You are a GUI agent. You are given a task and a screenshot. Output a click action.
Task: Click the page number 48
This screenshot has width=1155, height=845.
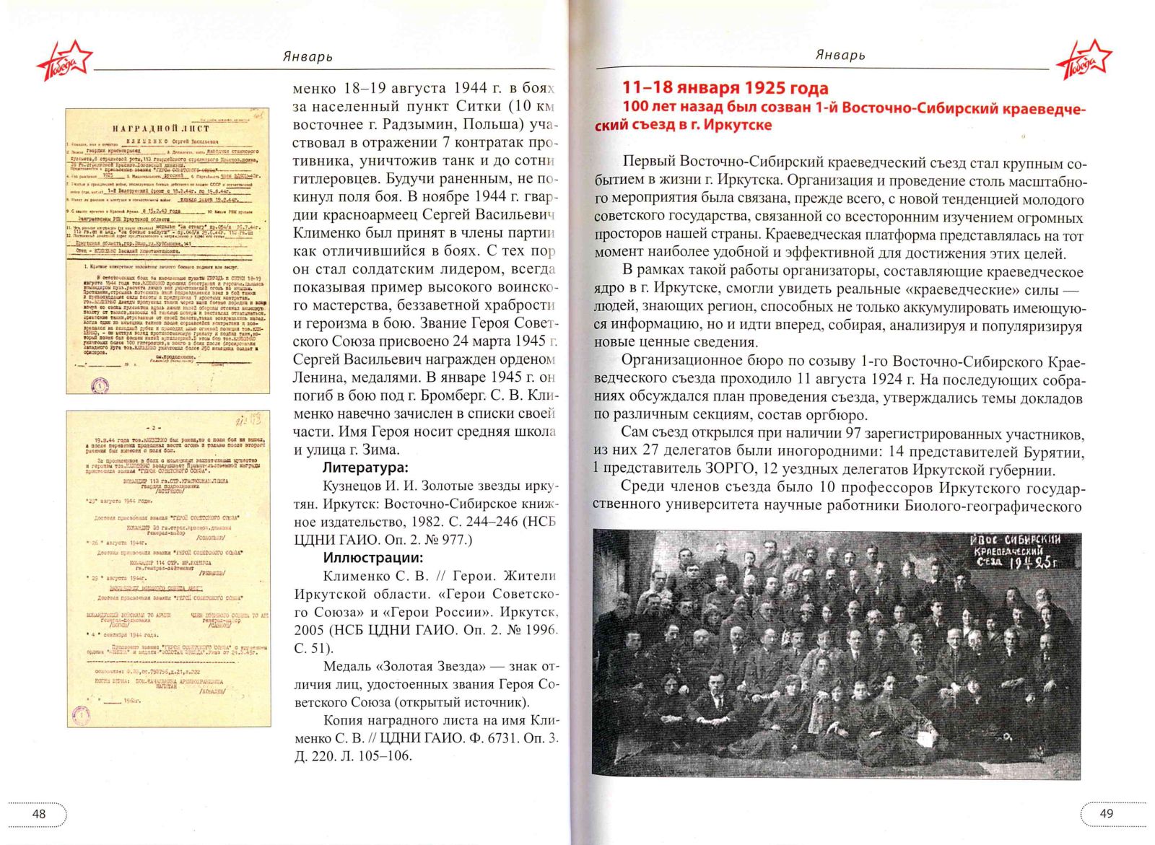(39, 813)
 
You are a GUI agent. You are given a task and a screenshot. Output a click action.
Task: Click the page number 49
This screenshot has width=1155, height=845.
(1106, 813)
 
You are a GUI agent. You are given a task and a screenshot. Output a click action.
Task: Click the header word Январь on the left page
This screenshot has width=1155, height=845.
(308, 56)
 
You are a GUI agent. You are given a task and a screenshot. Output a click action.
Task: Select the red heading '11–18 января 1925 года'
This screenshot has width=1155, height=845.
(725, 88)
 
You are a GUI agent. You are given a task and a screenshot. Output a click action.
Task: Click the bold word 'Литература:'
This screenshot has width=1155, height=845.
(365, 468)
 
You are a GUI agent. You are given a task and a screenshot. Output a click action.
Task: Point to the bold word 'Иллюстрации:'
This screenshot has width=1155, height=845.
(372, 558)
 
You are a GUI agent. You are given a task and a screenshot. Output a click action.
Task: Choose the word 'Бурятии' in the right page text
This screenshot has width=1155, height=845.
(1053, 452)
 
